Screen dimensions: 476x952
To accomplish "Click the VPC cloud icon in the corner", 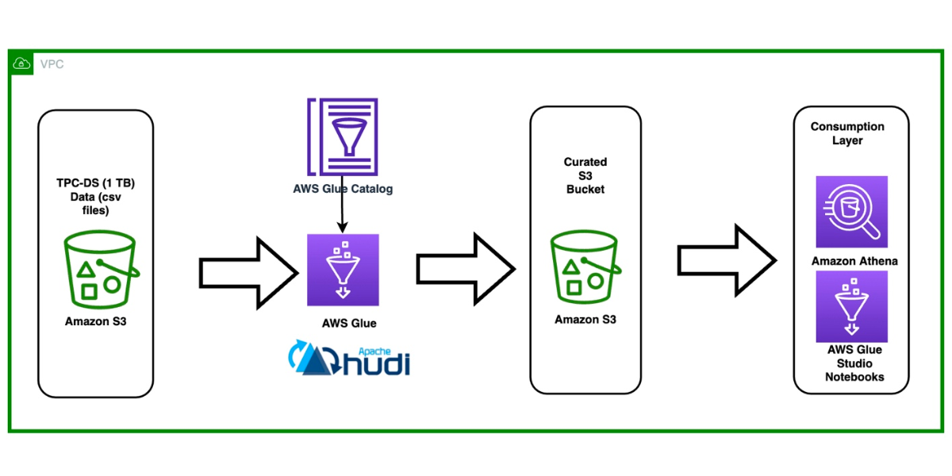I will point(21,63).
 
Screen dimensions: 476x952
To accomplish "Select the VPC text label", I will point(52,63).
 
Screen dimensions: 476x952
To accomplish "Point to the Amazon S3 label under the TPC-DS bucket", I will point(96,321).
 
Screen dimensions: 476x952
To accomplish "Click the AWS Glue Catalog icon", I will point(343,136).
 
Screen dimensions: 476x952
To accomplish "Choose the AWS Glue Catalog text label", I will point(343,189).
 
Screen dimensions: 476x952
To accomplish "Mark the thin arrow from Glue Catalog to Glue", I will point(343,213).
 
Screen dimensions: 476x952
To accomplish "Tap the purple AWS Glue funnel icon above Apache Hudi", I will point(343,270).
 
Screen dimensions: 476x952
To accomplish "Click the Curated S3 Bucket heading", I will point(585,176).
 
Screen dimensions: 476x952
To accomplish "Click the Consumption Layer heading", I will point(847,133).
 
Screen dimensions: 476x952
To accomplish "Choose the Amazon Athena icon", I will point(851,212).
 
